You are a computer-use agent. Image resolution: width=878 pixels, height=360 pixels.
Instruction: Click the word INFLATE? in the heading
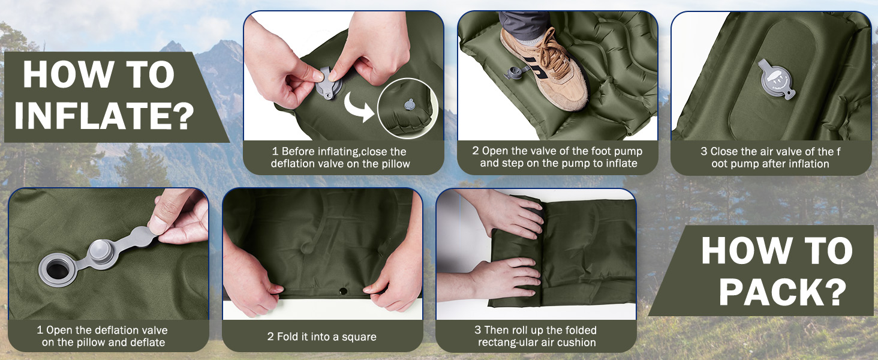coord(104,115)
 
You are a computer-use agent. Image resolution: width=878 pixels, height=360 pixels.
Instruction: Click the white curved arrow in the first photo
coord(357,107)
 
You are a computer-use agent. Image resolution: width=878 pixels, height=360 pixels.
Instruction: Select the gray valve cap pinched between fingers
coord(329,83)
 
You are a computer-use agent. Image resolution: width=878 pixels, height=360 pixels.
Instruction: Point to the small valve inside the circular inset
coord(409,104)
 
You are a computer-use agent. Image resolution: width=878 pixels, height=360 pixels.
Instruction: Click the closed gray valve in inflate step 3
coord(775,80)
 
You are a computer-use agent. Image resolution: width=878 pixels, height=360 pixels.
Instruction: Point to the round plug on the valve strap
coord(101,254)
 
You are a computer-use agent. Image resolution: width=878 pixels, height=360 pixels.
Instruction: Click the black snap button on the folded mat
coord(343,291)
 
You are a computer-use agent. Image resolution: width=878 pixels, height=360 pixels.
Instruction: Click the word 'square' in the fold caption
coord(359,337)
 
